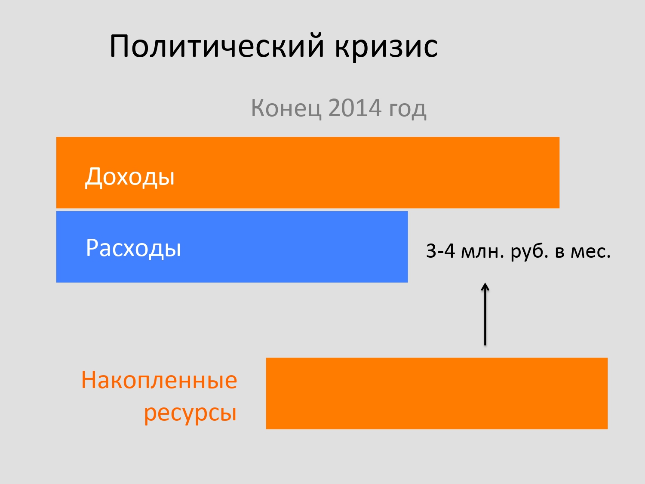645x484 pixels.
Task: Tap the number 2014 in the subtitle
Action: [355, 108]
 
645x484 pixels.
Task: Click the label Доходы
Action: [129, 177]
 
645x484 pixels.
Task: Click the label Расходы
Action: [133, 248]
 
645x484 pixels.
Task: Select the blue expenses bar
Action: [232, 247]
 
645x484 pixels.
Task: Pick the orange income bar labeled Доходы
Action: [307, 173]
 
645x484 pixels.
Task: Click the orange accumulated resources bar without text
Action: [436, 394]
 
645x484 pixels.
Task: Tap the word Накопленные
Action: [159, 380]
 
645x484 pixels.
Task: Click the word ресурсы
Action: [190, 413]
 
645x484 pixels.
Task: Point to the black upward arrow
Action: [485, 314]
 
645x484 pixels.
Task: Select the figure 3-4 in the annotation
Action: [440, 251]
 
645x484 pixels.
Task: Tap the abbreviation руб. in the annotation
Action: [529, 252]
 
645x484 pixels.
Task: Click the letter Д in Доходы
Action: [93, 177]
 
